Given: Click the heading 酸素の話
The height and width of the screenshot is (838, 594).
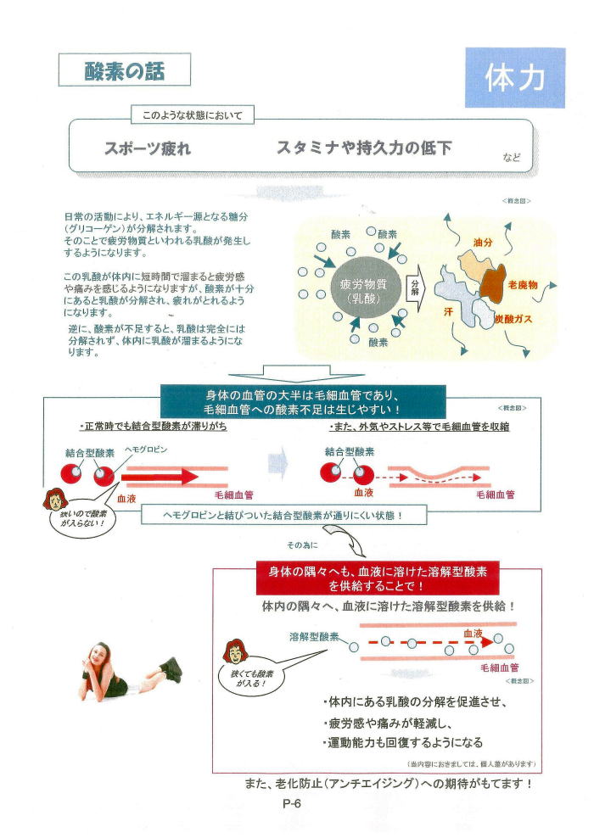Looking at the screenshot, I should (x=124, y=70).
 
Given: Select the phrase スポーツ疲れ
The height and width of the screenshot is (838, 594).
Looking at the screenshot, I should (x=147, y=148).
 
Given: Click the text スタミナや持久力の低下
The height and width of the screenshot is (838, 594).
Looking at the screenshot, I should (x=364, y=148).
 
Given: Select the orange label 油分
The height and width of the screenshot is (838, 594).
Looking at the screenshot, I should (x=483, y=243).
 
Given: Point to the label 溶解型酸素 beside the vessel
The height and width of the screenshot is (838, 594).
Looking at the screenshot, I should (x=314, y=635).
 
